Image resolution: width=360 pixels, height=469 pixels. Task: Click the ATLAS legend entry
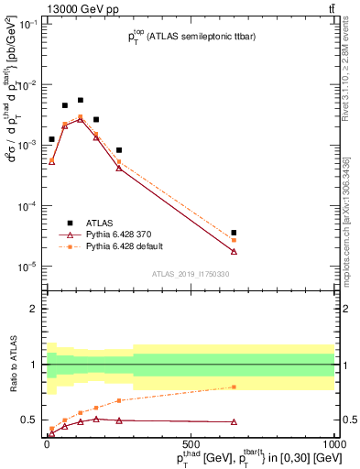click(x=100, y=223)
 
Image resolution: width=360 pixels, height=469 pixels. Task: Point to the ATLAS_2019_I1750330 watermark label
click(x=191, y=272)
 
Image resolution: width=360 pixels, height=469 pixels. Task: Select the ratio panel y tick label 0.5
click(x=29, y=420)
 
